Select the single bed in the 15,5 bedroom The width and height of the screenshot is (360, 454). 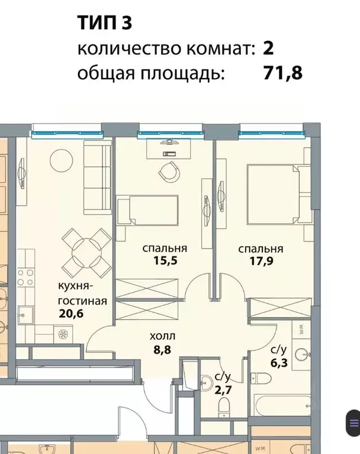148,212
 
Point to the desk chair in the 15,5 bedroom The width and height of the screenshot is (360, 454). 168,172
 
